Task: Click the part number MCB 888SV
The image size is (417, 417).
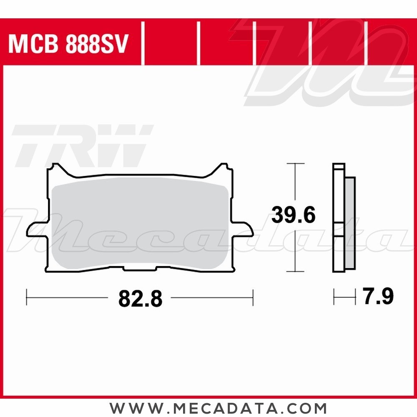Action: [x=68, y=45]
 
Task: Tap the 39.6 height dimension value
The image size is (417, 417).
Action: [x=294, y=215]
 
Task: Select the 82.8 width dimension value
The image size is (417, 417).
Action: [x=140, y=299]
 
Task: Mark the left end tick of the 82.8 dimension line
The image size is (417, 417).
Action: [x=27, y=297]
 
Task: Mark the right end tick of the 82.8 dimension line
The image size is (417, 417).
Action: [x=253, y=297]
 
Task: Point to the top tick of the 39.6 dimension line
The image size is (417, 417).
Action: [x=295, y=163]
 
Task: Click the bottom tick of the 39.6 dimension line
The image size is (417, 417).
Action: [x=295, y=271]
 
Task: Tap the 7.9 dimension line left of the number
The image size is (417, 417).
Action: [x=344, y=297]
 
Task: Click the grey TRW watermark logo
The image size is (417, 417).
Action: [x=81, y=146]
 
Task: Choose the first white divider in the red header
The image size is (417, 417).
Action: [x=143, y=44]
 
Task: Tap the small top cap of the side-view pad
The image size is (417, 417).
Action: [x=339, y=166]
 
